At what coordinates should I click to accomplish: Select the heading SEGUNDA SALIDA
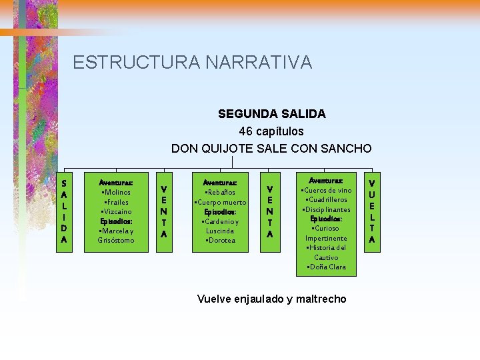[271, 114]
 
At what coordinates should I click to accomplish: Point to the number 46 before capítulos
[245, 131]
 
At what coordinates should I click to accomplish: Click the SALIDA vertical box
[64, 210]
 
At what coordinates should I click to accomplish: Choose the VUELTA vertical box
[372, 210]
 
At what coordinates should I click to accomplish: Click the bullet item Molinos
[116, 192]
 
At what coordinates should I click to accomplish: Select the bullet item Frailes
[116, 201]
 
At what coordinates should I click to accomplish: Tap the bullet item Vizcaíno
[116, 211]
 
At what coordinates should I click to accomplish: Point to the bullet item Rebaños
[220, 192]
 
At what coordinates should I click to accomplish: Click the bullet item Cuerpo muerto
[220, 202]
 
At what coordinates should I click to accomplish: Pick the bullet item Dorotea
[220, 240]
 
